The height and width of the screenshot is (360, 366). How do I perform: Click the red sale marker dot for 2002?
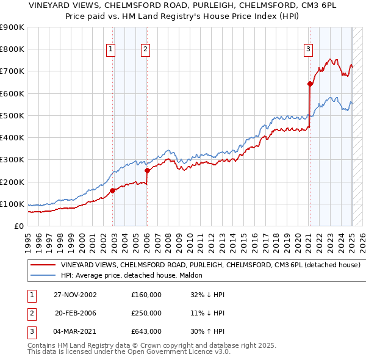pyautogui.click(x=113, y=190)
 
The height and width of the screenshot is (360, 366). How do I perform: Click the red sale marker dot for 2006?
pyautogui.click(x=147, y=171)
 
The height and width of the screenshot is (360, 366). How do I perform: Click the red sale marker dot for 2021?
pyautogui.click(x=309, y=84)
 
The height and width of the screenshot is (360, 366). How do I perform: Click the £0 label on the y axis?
pyautogui.click(x=18, y=226)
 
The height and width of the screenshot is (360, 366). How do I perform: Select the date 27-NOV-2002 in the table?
pyautogui.click(x=75, y=295)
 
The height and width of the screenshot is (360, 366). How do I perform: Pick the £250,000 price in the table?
pyautogui.click(x=146, y=313)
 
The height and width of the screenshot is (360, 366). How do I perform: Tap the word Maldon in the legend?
pyautogui.click(x=198, y=275)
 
